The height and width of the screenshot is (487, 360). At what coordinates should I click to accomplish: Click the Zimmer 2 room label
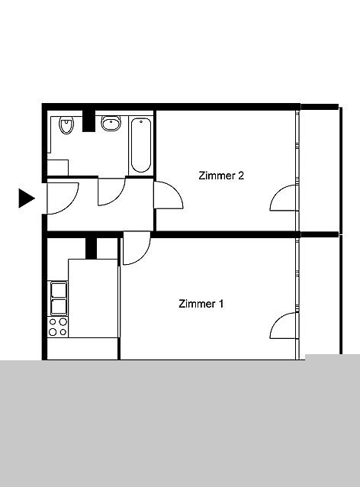click(221, 176)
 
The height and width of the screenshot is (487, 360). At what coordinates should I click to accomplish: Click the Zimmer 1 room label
click(201, 304)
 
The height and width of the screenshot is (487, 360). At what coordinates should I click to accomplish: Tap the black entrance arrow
click(27, 198)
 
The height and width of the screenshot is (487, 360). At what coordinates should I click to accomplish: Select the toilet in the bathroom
click(66, 125)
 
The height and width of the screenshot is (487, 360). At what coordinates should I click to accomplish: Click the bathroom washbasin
click(111, 123)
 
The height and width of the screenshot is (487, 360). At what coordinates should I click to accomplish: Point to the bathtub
click(141, 145)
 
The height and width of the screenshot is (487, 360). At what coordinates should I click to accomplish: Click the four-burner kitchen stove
click(58, 327)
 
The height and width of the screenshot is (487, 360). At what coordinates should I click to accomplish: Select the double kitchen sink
click(59, 298)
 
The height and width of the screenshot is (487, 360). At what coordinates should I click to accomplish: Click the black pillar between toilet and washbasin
click(88, 121)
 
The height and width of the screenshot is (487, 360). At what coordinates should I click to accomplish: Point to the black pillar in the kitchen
click(91, 248)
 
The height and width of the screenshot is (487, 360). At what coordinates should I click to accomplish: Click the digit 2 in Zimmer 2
click(241, 176)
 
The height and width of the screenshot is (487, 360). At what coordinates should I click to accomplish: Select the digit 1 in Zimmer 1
click(220, 304)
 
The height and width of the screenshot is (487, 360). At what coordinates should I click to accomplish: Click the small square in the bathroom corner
click(57, 168)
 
